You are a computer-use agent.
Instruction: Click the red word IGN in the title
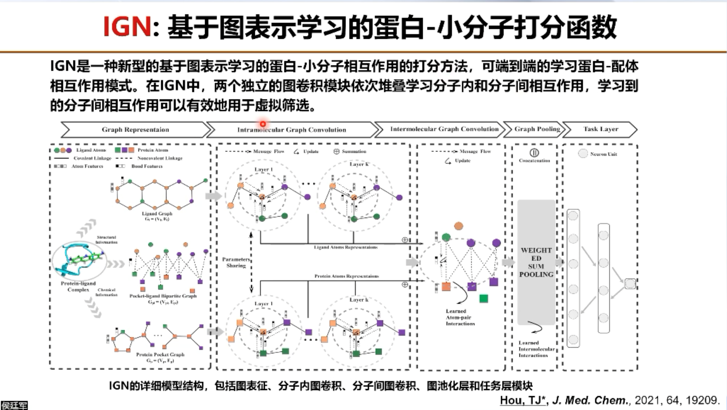tap(127, 27)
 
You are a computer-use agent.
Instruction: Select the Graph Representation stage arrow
tap(135, 130)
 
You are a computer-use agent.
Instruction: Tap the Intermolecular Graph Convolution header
tap(444, 129)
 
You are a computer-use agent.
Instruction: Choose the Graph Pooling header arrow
tap(537, 129)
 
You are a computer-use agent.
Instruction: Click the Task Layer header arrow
tap(601, 129)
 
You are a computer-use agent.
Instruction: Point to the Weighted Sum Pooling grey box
tap(536, 262)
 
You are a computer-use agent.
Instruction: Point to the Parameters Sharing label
tap(236, 262)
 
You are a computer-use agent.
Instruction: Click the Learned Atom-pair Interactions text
tap(460, 317)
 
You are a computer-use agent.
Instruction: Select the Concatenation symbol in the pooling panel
tap(534, 153)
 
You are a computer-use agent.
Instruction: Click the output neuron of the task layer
tap(630, 284)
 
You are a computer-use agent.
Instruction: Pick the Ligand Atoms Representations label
tap(346, 247)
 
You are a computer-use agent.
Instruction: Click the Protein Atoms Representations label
tap(347, 276)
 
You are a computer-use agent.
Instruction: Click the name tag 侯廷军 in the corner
tap(14, 405)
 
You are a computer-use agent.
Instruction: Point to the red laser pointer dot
tap(263, 124)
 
